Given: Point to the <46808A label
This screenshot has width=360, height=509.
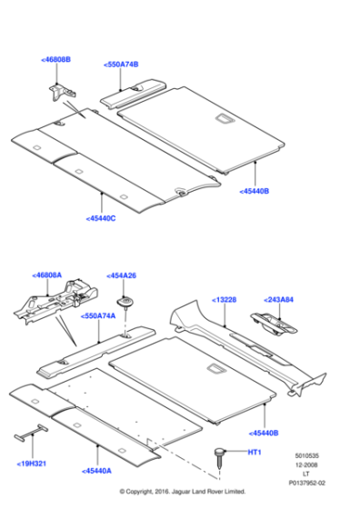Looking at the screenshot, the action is click(46, 274).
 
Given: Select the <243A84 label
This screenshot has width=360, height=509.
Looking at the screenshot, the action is click(279, 299).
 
